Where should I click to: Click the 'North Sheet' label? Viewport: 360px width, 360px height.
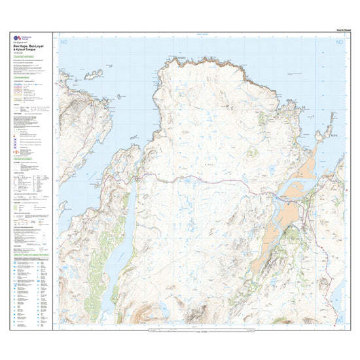click(336, 30)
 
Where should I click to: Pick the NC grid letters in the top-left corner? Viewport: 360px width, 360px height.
click(63, 43)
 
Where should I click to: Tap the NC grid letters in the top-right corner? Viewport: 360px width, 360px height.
click(339, 43)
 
